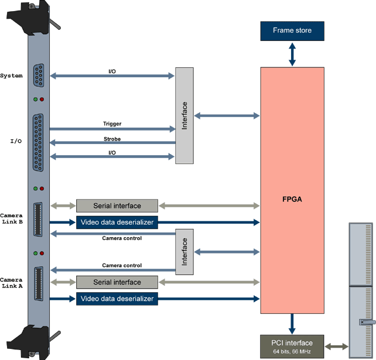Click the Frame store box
pyautogui.click(x=292, y=30)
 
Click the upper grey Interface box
pyautogui.click(x=184, y=116)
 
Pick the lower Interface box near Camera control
pyautogui.click(x=184, y=252)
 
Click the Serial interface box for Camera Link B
pyautogui.click(x=117, y=205)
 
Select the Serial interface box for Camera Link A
pyautogui.click(x=117, y=282)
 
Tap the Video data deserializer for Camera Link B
pyautogui.click(x=117, y=222)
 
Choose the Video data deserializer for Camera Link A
pyautogui.click(x=117, y=299)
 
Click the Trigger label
pyautogui.click(x=112, y=124)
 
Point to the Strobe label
pyautogui.click(x=112, y=139)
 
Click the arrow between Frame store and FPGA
pyautogui.click(x=292, y=54)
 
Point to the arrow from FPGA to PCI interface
pyautogui.click(x=292, y=323)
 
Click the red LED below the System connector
pyautogui.click(x=42, y=99)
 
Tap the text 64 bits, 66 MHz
pyautogui.click(x=291, y=351)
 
